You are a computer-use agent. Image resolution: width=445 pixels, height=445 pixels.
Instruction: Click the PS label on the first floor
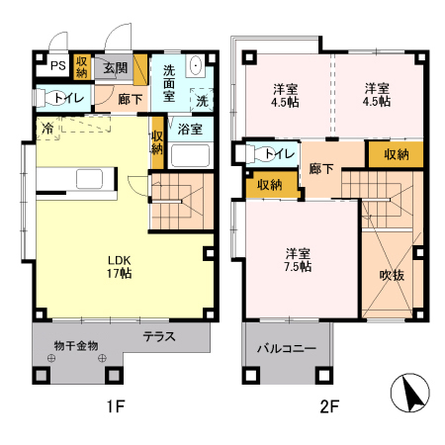click(58, 66)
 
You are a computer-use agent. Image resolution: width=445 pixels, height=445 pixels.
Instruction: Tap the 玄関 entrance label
click(115, 68)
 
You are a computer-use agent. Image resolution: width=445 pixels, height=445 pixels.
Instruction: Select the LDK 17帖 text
click(120, 267)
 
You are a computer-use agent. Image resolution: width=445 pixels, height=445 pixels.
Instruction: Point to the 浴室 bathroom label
click(190, 129)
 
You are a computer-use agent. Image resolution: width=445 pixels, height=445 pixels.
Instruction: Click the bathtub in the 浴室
click(190, 155)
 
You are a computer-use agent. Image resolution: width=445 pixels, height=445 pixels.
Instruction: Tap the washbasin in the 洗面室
click(196, 65)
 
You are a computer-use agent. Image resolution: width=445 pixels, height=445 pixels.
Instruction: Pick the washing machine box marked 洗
click(202, 100)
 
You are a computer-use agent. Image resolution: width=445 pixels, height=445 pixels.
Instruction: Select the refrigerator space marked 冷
click(48, 128)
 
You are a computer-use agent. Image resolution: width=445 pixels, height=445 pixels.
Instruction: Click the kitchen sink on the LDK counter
click(89, 179)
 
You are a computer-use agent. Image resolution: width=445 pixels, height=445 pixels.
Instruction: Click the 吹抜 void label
click(392, 275)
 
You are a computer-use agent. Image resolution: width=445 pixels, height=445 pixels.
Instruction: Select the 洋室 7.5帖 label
click(298, 260)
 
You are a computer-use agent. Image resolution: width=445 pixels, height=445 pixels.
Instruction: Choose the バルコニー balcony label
click(287, 348)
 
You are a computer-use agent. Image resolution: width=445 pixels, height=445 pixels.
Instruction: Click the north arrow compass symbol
click(410, 393)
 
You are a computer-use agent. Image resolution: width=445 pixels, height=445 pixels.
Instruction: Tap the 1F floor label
click(116, 406)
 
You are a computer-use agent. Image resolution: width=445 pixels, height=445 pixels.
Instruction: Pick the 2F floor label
click(329, 406)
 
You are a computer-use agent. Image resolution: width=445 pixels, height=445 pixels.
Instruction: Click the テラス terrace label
click(159, 336)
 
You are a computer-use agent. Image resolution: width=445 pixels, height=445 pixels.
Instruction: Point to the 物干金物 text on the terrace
click(76, 346)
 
